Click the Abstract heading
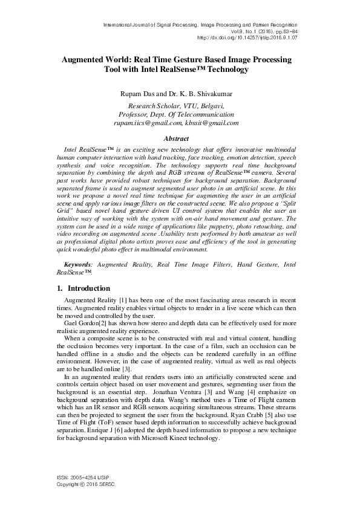180,138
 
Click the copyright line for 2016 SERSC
83,485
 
